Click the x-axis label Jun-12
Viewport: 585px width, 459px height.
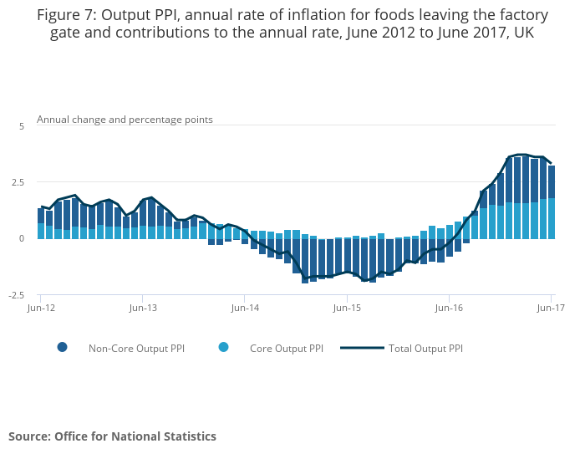41,308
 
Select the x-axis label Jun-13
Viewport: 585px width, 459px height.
143,308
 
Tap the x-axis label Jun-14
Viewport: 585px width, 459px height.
245,308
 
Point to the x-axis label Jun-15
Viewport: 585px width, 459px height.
347,308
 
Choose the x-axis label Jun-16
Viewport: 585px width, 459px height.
450,308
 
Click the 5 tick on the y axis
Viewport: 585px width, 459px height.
23,125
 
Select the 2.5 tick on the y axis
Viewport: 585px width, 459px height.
19,182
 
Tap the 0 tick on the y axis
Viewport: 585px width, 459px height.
23,238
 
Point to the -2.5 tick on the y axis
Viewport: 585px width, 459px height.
18,295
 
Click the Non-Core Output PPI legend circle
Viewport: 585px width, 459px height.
62,348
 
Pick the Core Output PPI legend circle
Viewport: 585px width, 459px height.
223,348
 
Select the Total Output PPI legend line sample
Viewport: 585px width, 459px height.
363,348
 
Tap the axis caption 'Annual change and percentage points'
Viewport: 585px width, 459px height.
125,120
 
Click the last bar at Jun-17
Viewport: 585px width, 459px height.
552,201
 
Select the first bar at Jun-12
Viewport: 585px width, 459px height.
41,223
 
